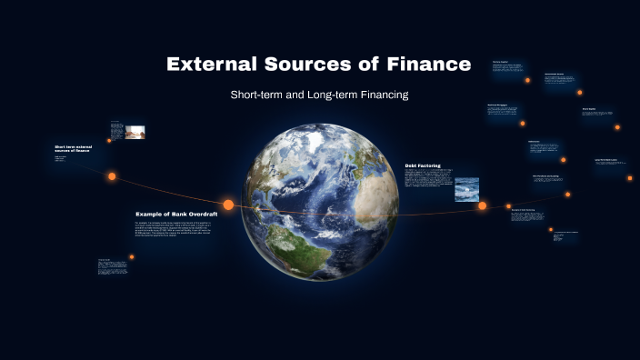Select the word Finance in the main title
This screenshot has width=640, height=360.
(427, 65)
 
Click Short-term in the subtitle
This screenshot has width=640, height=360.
(262, 95)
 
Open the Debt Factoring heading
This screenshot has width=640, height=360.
(423, 165)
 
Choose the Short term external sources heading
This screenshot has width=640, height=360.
(75, 148)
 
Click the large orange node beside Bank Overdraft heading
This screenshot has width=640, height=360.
(228, 205)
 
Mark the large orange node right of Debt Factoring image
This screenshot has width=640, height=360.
(483, 205)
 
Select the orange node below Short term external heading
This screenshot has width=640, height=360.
(112, 176)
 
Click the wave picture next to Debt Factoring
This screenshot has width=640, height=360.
(466, 188)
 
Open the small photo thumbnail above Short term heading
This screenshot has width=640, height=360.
(135, 132)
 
